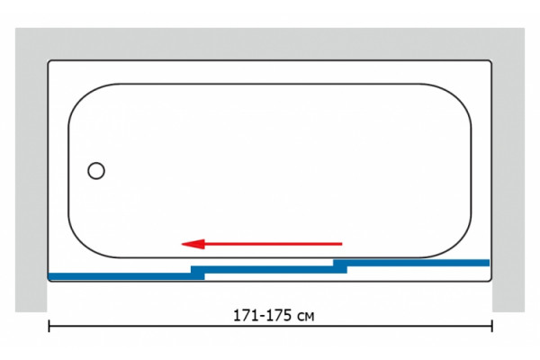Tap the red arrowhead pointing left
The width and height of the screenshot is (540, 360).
(x=193, y=244)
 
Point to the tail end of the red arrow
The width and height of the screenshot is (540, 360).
(x=342, y=244)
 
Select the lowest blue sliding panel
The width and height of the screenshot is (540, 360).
(x=126, y=276)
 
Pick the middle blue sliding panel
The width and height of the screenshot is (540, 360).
(x=269, y=269)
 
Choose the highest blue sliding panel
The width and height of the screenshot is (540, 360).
(x=411, y=263)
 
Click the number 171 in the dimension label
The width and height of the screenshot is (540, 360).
(x=247, y=316)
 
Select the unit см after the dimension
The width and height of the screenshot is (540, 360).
(x=305, y=317)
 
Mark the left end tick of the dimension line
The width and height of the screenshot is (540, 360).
(x=49, y=326)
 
